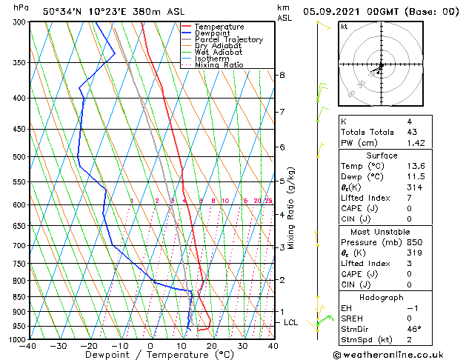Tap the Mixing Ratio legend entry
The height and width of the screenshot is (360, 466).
click(x=219, y=65)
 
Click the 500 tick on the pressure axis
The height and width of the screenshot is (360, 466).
click(x=19, y=157)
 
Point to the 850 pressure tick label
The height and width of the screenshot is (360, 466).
click(x=19, y=296)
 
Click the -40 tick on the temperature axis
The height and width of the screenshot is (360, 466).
click(x=29, y=345)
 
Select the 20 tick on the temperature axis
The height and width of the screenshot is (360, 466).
click(x=212, y=345)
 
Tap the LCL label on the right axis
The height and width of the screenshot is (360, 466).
click(x=291, y=322)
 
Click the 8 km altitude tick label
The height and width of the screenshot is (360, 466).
click(x=282, y=75)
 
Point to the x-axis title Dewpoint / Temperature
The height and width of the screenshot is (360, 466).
click(x=150, y=355)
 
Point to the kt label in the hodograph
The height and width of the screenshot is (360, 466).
click(x=344, y=26)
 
